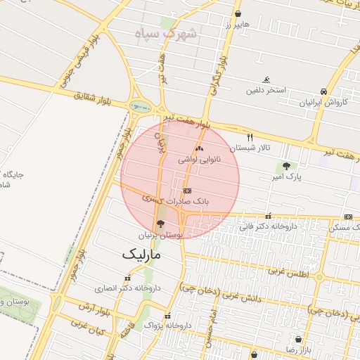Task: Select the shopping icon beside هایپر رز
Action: pos(238,14)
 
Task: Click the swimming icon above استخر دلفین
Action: pos(266,79)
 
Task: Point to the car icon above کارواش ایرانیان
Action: pos(323,91)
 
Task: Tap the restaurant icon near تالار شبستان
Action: pos(250,137)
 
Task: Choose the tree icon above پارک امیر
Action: pos(285,167)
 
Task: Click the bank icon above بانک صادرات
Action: pos(187,191)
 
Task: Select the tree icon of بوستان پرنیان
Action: pos(161,224)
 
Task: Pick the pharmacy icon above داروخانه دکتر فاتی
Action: pos(268,217)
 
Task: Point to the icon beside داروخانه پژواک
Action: pos(167,316)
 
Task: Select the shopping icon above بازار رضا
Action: pos(299,340)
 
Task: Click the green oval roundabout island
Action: pos(141,107)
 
